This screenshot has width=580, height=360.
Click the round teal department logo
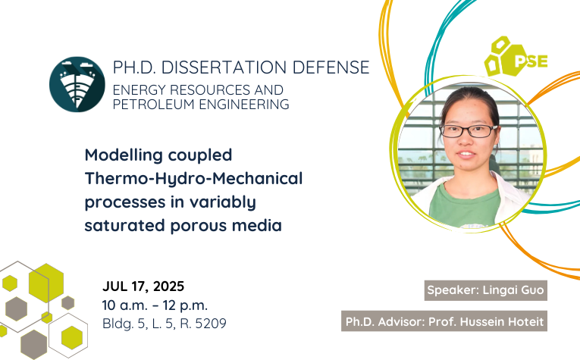(77, 84)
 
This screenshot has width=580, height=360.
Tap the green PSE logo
(516, 57)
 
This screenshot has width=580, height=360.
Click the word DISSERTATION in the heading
(224, 67)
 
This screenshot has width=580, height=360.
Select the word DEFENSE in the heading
(331, 67)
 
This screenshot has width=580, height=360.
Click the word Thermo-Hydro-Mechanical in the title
(194, 178)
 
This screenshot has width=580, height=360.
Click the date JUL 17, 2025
(143, 286)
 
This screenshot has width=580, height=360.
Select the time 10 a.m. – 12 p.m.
(155, 305)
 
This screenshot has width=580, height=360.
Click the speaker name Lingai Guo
(513, 290)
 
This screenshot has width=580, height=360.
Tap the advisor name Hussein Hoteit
(502, 321)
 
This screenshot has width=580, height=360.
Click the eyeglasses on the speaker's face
(469, 131)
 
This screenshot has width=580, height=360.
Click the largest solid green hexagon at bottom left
(46, 283)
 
